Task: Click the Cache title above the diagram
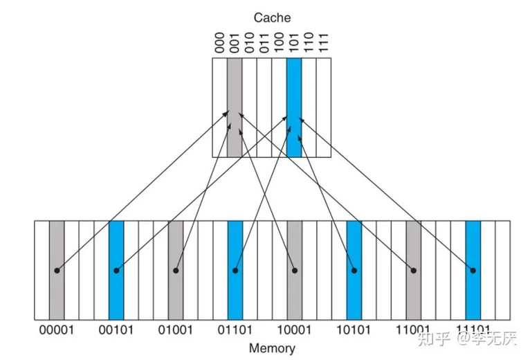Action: [271, 17]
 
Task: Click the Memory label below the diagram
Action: [271, 348]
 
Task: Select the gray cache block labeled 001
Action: [235, 107]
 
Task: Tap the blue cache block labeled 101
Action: [294, 107]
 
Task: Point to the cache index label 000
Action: [219, 44]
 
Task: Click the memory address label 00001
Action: [56, 330]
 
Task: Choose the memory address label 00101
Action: [116, 330]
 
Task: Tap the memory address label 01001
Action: [175, 330]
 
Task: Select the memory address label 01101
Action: [235, 330]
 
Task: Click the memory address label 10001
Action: [294, 330]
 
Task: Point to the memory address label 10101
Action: [354, 330]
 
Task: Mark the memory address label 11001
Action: [413, 330]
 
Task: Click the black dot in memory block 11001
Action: [414, 270]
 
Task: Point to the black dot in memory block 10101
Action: [354, 270]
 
